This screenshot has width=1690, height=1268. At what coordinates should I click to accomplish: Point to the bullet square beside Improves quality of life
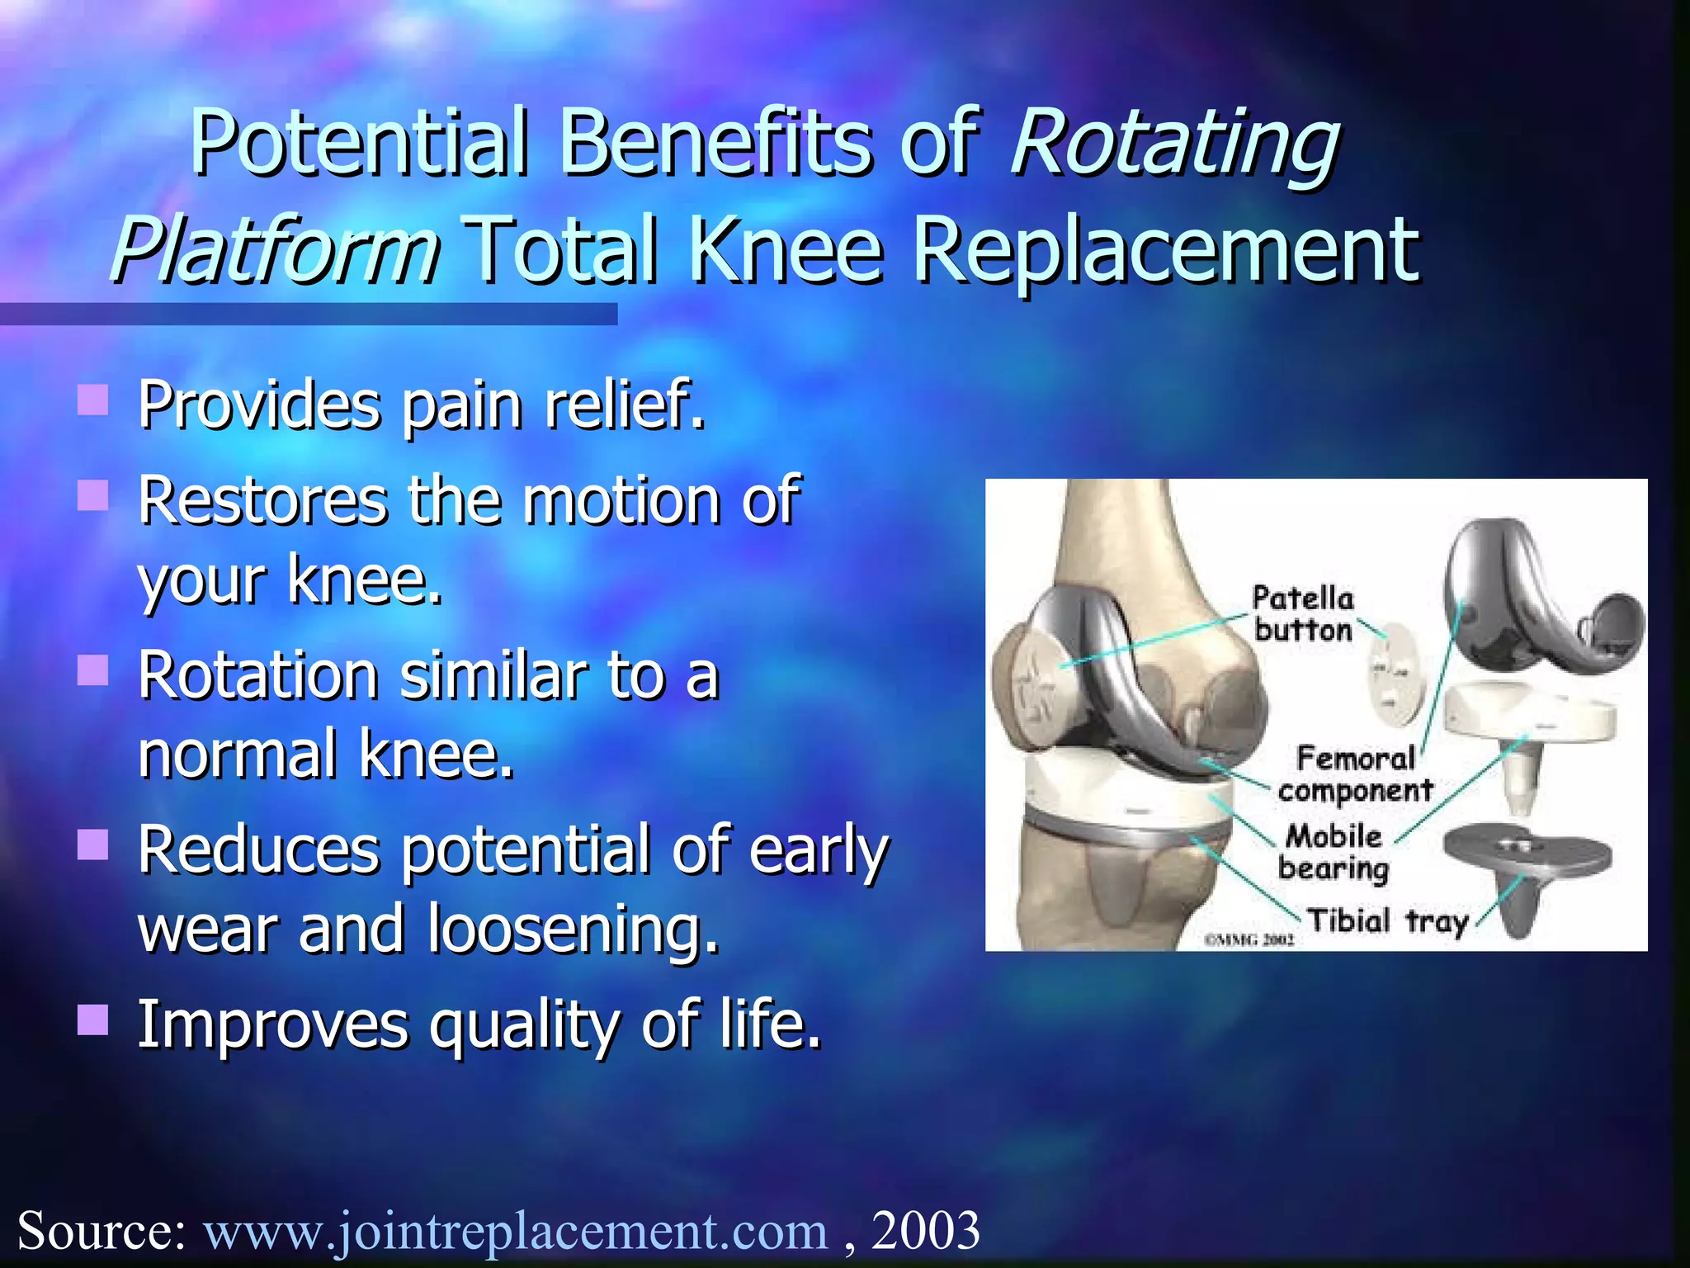93,1020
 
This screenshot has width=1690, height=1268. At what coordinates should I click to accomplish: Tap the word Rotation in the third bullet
258,677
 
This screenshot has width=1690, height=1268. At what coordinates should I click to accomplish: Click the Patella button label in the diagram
1302,614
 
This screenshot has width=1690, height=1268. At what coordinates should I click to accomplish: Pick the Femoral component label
1355,774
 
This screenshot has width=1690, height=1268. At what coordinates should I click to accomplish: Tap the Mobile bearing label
1333,852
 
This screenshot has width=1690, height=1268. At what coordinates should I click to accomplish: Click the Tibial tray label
1387,920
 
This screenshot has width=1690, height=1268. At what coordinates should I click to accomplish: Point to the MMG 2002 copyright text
1249,939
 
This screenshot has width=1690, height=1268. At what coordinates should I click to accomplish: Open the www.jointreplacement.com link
516,1231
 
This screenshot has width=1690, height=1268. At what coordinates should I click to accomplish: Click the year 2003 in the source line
925,1231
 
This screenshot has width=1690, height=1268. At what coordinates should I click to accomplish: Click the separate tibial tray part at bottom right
1525,867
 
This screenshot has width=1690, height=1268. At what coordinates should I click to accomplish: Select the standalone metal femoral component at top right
1535,603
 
